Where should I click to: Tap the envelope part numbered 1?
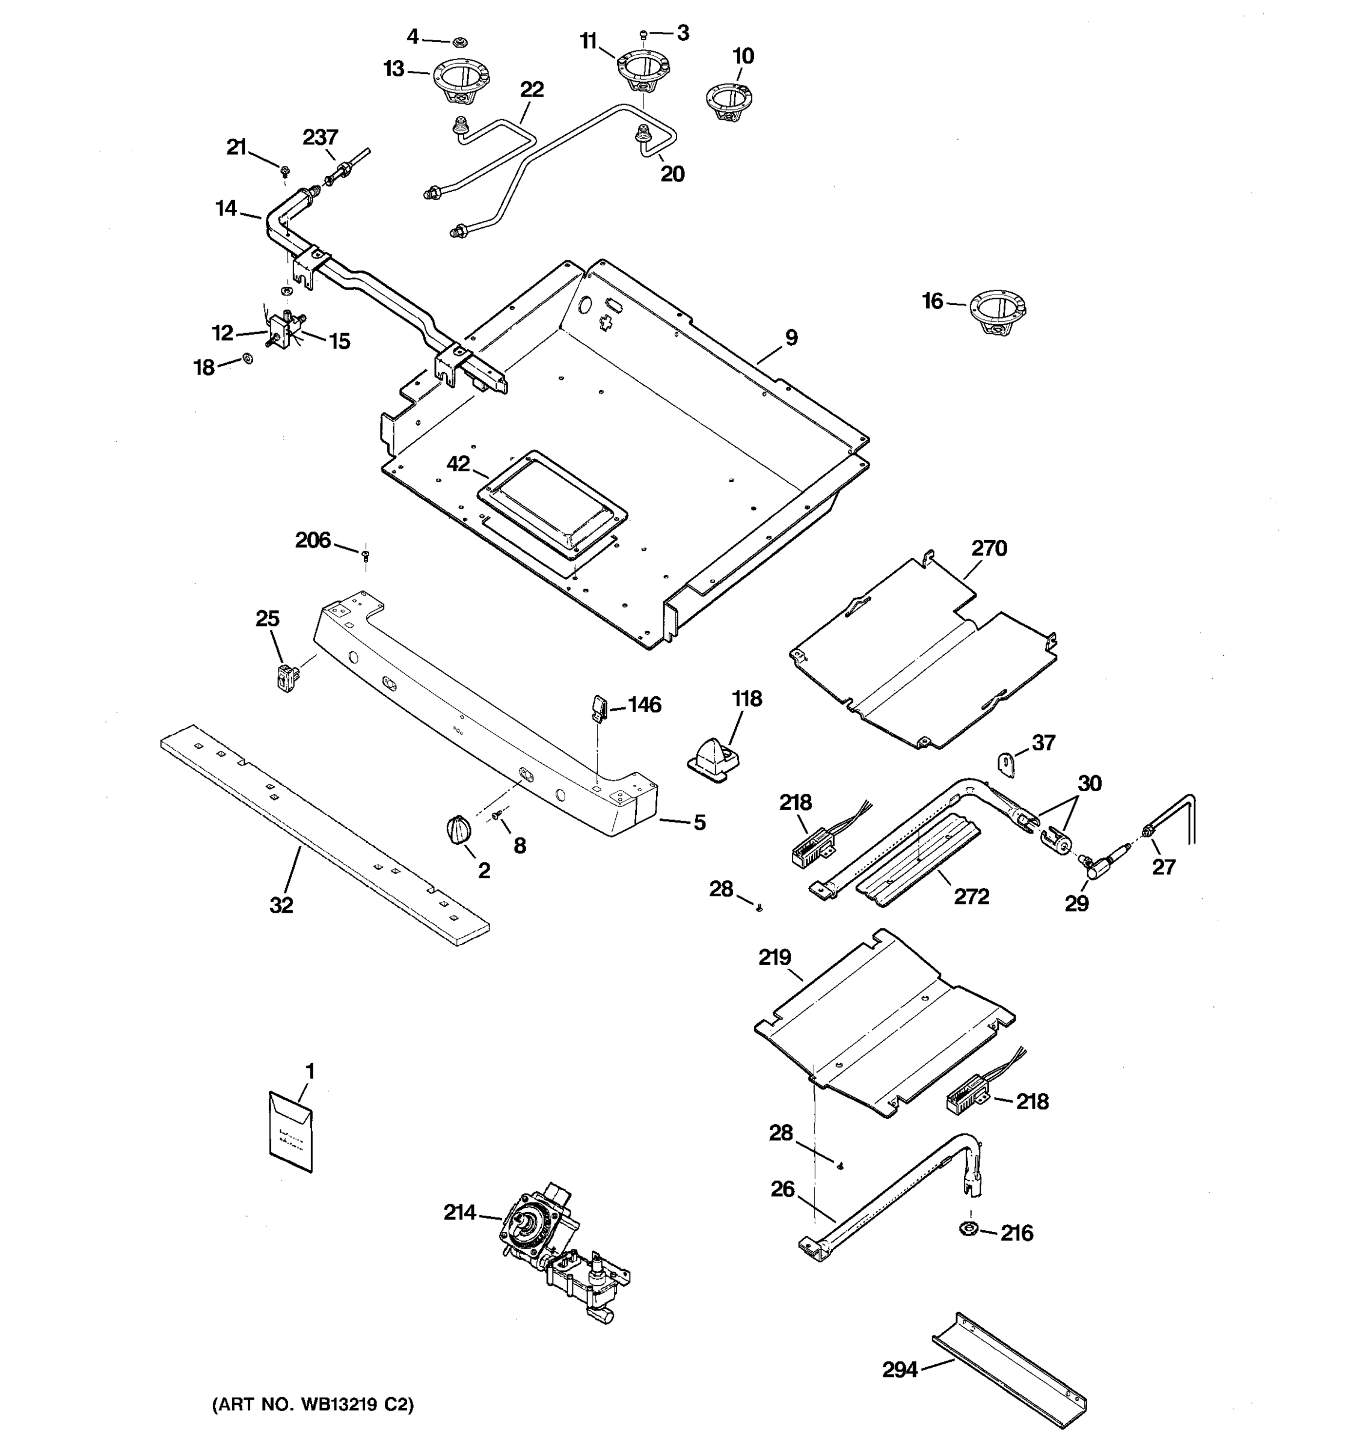[x=290, y=1132]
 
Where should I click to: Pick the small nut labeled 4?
[x=459, y=41]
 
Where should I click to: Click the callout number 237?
[x=320, y=137]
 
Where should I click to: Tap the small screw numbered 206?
[x=365, y=556]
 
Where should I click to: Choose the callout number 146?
[x=645, y=704]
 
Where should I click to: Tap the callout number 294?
[x=900, y=1370]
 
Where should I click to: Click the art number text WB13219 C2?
[x=313, y=1405]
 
